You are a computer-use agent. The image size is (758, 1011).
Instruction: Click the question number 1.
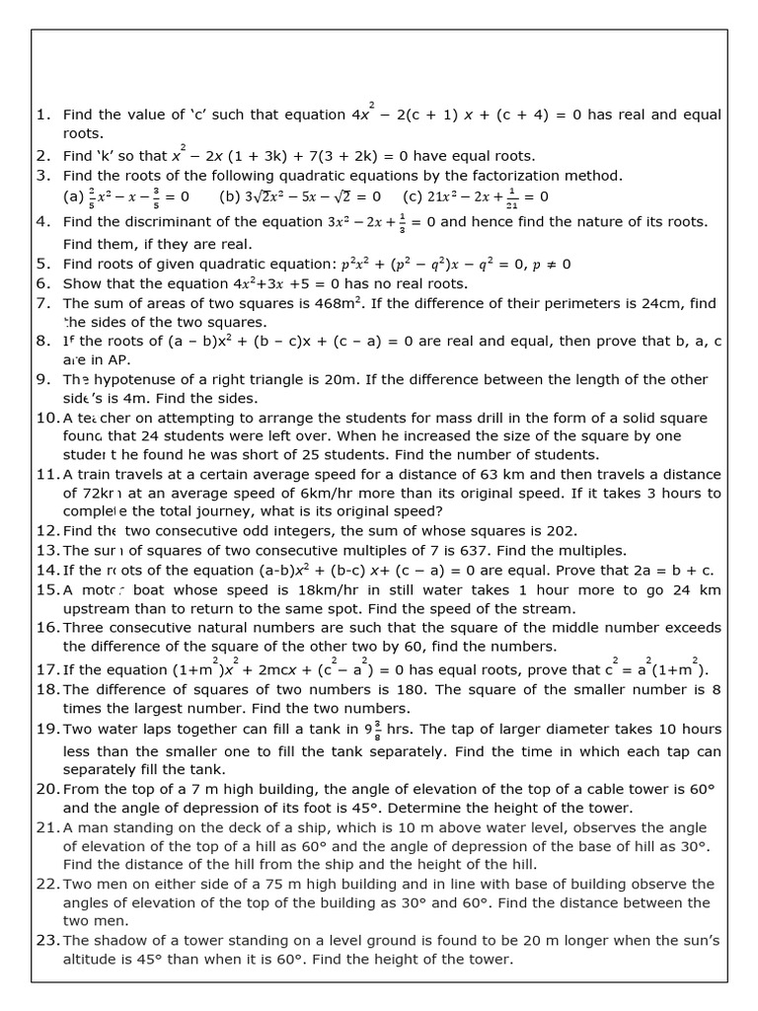42,116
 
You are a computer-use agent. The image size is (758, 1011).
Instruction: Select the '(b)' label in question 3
230,196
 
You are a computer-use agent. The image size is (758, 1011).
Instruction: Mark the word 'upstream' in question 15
97,608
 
